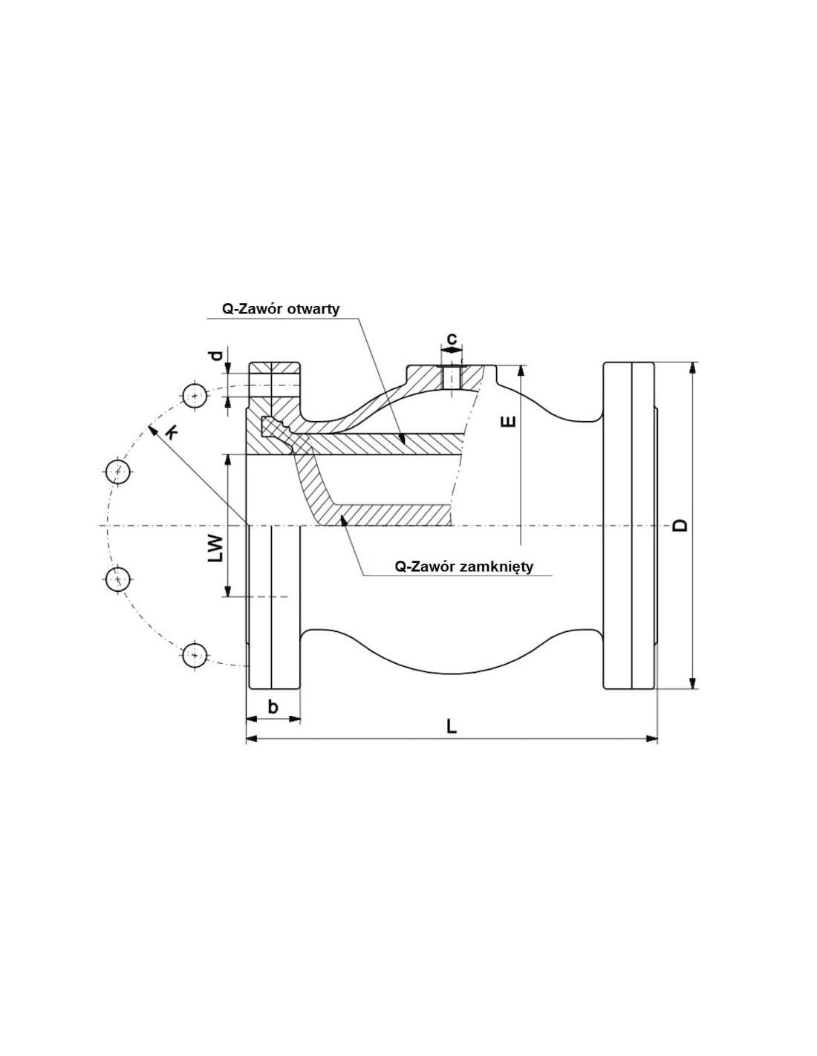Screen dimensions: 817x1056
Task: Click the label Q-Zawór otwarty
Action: point(281,309)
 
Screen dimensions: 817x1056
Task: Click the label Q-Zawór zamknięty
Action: point(463,566)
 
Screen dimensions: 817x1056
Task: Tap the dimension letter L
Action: point(452,726)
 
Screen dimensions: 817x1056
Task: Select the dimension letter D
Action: point(681,525)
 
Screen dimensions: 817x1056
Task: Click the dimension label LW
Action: point(215,549)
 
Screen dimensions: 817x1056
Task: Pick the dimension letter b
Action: point(273,706)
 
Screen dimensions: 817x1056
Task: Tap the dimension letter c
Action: point(452,337)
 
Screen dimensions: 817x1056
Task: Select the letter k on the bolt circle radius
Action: point(171,431)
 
